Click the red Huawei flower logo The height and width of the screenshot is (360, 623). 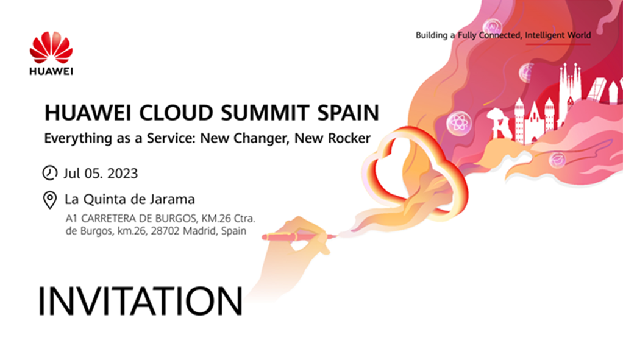click(51, 48)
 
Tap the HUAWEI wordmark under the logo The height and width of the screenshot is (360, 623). click(51, 71)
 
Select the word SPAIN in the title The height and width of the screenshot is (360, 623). click(348, 113)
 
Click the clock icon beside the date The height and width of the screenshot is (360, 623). click(49, 172)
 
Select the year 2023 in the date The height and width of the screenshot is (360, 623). click(123, 174)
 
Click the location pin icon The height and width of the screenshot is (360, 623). click(49, 200)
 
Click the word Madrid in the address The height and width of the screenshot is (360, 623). click(200, 231)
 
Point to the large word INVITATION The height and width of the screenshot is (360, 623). click(140, 301)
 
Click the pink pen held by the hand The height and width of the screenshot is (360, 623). click(299, 237)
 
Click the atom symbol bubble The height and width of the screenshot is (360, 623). click(459, 122)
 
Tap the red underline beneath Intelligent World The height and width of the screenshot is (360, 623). click(558, 44)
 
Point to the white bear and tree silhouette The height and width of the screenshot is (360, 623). click(499, 124)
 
